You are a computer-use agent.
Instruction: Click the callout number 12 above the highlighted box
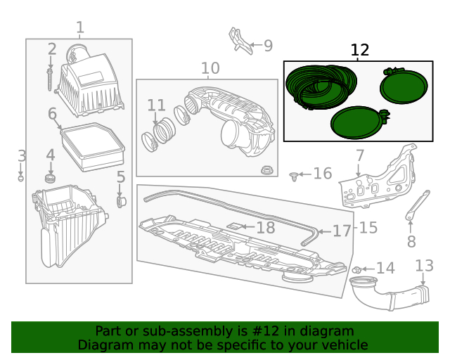tap(359, 50)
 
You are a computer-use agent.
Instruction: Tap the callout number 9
tap(268, 46)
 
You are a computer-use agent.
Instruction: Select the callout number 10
tap(210, 68)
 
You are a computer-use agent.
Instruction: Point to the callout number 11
tap(156, 105)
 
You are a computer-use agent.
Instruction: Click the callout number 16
tap(322, 173)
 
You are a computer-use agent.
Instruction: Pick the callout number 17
tap(341, 231)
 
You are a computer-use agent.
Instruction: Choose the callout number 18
tap(265, 227)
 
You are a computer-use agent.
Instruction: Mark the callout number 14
tap(386, 268)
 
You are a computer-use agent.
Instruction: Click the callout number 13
tap(425, 266)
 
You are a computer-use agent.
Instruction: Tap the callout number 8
tap(411, 242)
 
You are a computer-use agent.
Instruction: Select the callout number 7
tap(359, 155)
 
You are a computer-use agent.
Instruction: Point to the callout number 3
tap(22, 156)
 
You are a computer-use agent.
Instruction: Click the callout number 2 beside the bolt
tap(51, 49)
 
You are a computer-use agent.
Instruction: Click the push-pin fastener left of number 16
tap(295, 175)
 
